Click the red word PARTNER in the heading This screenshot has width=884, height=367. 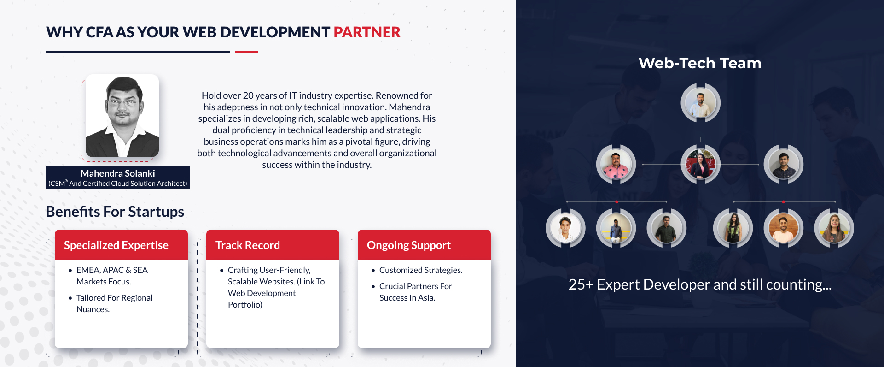pos(367,32)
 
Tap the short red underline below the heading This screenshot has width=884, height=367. pos(246,52)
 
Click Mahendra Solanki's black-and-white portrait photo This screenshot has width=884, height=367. pos(122,116)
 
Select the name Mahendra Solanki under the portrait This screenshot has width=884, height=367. pos(118,173)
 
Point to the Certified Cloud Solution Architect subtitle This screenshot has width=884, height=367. pos(118,183)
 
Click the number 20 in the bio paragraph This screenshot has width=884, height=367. pos(248,95)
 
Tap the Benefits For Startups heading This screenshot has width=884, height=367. pos(115,212)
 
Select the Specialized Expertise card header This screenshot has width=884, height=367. pos(121,245)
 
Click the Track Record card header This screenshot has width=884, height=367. pos(273,245)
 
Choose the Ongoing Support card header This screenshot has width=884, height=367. pos(424,245)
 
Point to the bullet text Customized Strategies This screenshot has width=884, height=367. pos(421,270)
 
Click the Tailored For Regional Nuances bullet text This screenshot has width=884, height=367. pos(114,303)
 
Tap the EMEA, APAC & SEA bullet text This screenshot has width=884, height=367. pos(112,270)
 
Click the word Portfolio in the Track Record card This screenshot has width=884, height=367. pos(244,305)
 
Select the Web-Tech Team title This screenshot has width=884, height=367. pos(700,63)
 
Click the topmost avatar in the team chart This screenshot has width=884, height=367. pos(700,103)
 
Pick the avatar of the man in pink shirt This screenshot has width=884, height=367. pos(616,165)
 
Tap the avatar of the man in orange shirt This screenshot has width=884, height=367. pos(783,228)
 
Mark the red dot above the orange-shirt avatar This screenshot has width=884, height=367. pos(783,202)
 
